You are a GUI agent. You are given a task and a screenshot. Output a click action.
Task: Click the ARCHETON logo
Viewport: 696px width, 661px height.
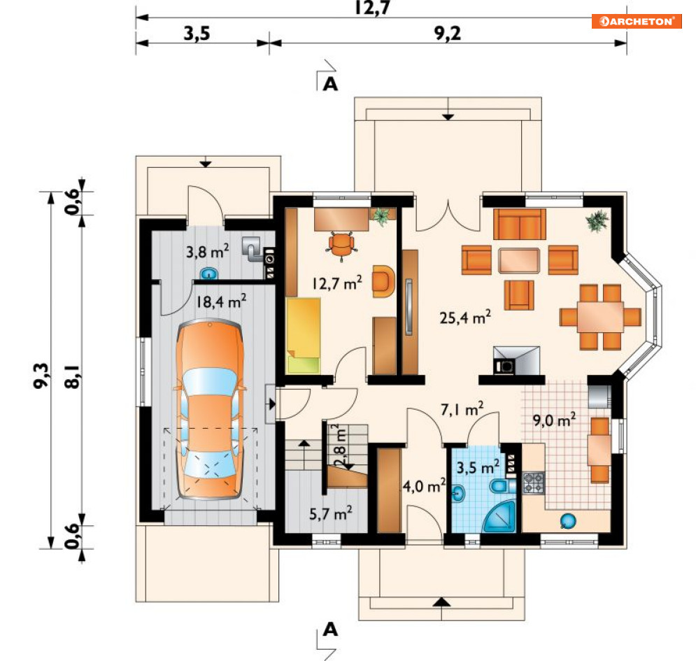637,21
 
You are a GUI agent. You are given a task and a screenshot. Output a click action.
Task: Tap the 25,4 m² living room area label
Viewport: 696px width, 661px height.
465,317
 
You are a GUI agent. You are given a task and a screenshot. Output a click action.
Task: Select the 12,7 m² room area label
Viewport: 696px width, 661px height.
337,283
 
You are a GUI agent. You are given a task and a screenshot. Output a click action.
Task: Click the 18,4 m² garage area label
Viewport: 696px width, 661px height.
221,301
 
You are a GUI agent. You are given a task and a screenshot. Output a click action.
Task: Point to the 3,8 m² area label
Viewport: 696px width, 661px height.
207,251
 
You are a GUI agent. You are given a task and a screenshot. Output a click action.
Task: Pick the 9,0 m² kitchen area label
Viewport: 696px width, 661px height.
555,420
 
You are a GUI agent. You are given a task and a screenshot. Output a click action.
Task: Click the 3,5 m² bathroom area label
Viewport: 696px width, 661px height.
478,467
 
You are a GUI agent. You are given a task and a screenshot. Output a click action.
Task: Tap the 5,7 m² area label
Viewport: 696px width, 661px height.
331,513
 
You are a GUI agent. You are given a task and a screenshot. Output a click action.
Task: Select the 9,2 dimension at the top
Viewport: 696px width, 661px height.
448,34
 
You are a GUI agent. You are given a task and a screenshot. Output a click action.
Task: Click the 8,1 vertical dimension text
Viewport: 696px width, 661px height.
73,377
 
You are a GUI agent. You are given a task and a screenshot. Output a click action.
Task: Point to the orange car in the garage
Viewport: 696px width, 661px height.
210,410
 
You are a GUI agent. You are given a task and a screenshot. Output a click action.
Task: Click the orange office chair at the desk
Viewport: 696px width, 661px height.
341,246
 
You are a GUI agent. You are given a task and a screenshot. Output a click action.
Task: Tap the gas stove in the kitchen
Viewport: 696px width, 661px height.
534,483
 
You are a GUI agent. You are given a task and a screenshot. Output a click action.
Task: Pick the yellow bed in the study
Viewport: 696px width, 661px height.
303,335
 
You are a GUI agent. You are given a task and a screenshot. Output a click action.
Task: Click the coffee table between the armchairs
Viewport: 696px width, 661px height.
519,260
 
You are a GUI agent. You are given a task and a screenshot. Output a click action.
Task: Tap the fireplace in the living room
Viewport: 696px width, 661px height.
517,360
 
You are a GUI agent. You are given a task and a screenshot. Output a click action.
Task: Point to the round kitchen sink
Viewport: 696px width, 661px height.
568,520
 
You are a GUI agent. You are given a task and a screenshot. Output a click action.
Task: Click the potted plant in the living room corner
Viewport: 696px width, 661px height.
597,220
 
